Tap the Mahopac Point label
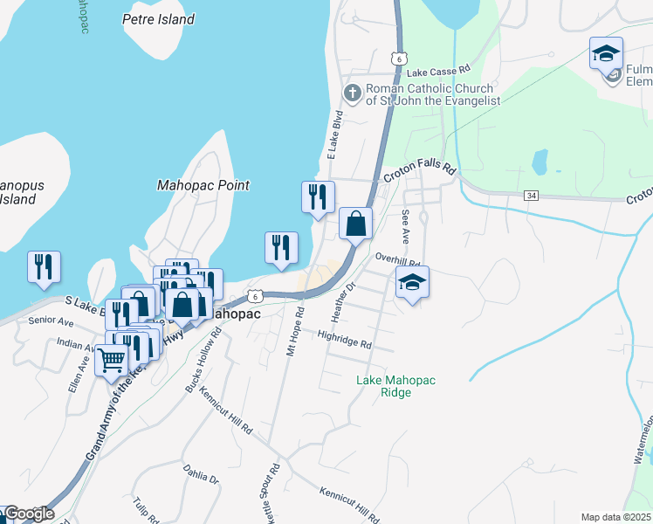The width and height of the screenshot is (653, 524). coord(203,185)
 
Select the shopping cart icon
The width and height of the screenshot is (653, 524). coord(112,359)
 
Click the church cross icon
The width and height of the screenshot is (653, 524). coord(353,93)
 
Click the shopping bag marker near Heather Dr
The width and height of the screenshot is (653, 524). coord(355,224)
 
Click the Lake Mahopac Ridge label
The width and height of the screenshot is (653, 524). coord(395,386)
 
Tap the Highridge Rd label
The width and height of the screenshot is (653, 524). coord(345,340)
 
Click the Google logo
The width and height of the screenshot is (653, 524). coord(29,514)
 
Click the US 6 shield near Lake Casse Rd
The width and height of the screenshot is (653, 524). coord(398,58)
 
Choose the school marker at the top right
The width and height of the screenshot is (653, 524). coord(606,54)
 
